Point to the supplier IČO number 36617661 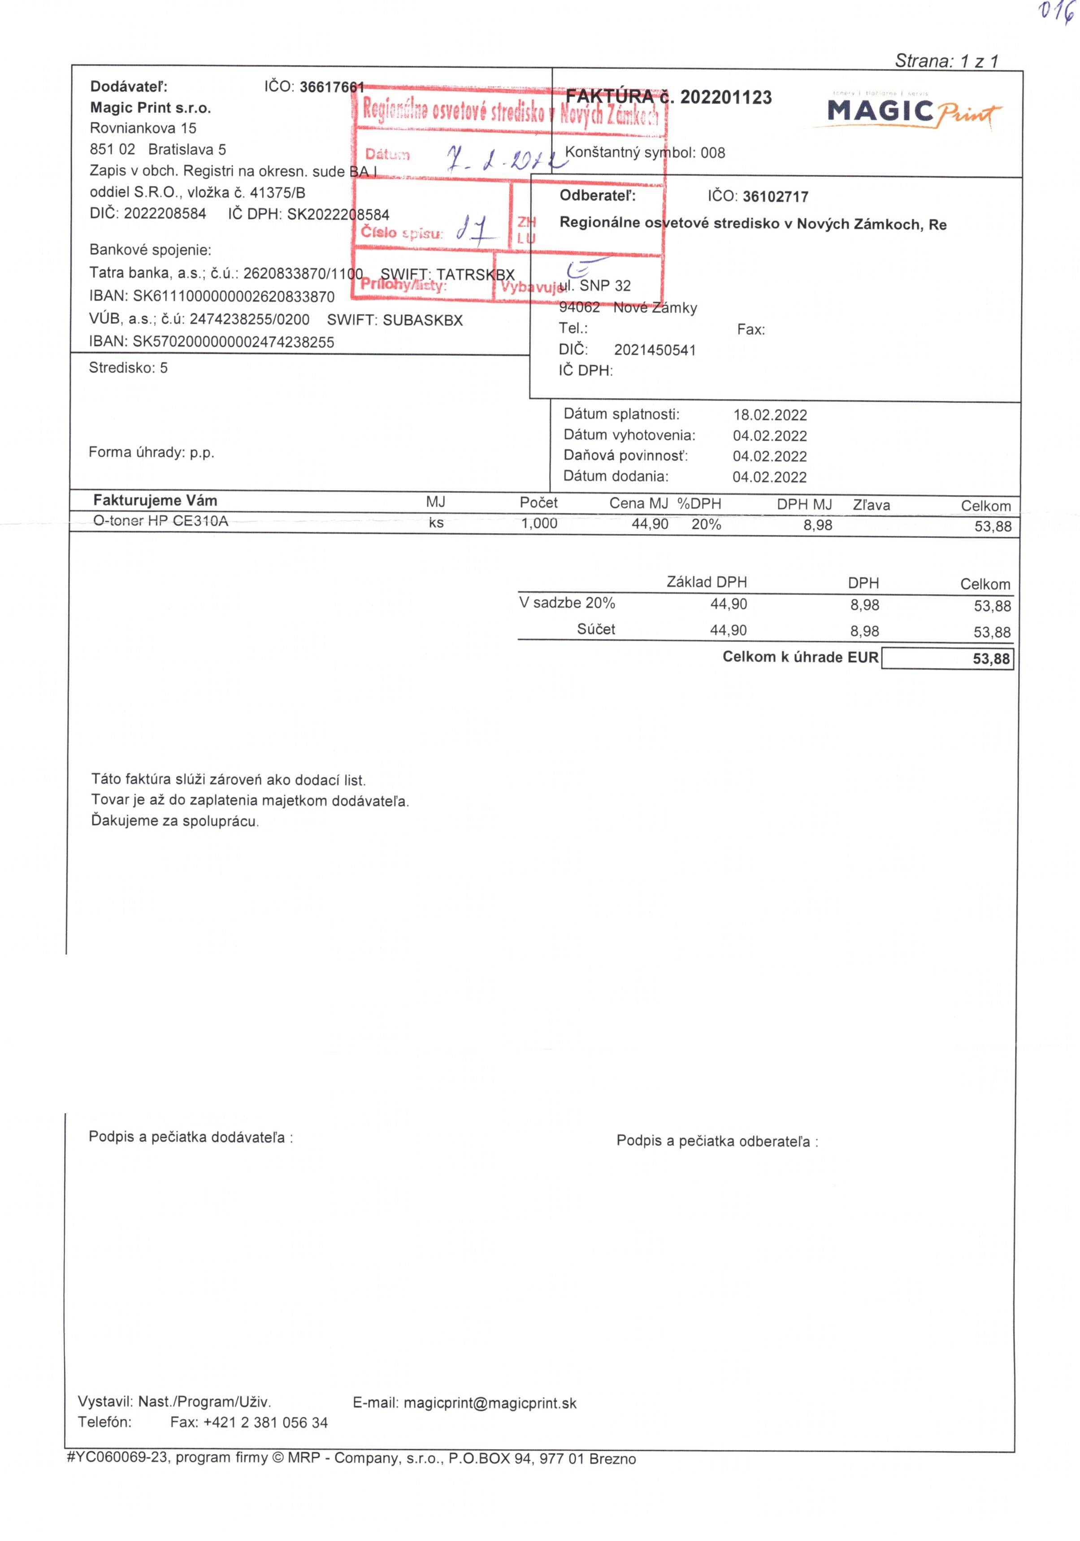(x=332, y=87)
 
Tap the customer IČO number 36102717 (x=775, y=197)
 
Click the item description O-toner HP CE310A (x=160, y=521)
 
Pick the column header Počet (x=538, y=503)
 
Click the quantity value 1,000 (x=539, y=524)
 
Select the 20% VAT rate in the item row (x=706, y=524)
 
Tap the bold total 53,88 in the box (x=991, y=659)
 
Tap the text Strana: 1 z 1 (x=946, y=61)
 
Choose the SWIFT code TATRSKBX (x=475, y=274)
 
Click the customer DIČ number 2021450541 (x=655, y=350)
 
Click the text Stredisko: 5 (x=128, y=368)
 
